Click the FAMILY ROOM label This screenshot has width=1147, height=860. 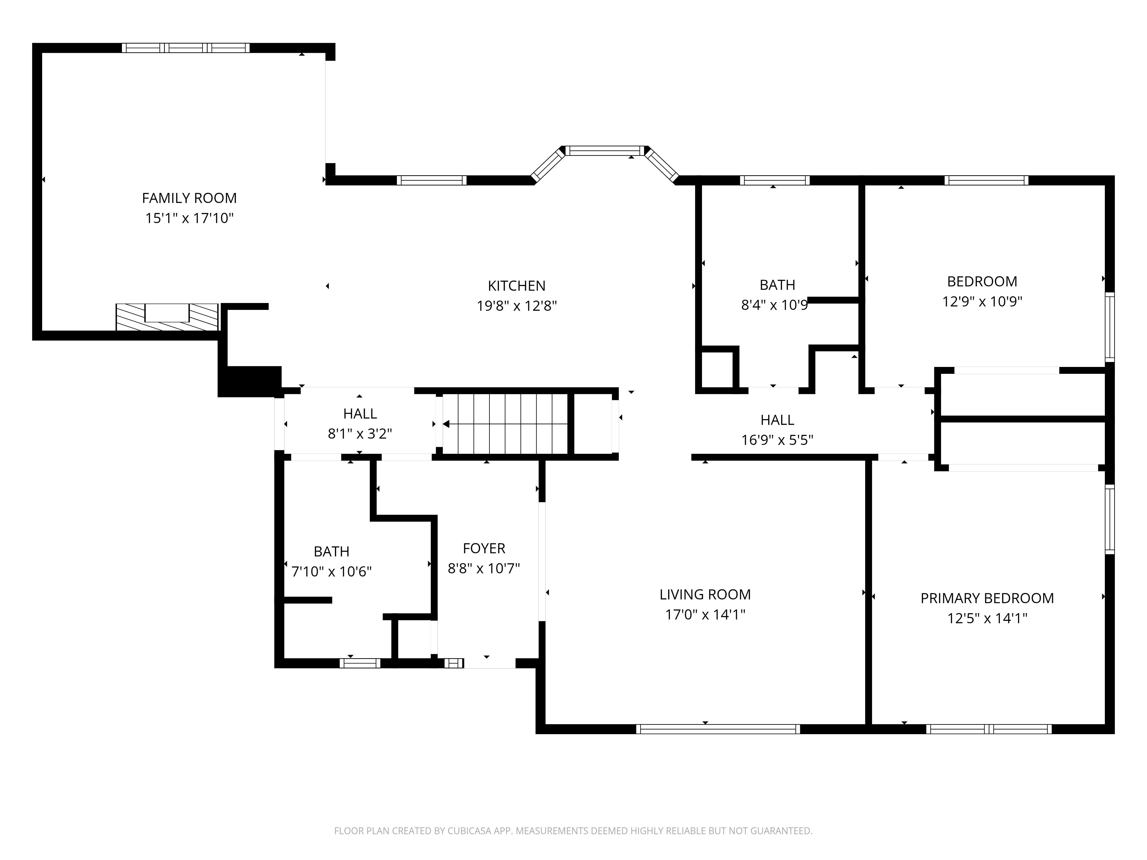[189, 198]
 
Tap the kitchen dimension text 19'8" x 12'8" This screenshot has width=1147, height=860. [516, 306]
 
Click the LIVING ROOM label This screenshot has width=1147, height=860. [705, 595]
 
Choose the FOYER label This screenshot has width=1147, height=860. [484, 548]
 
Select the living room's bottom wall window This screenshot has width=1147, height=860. [718, 729]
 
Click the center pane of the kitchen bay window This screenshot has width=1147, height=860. [604, 151]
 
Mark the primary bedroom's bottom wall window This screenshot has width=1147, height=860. [989, 729]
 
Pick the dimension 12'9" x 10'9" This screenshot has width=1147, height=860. [982, 302]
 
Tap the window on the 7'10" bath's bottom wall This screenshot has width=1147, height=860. [360, 663]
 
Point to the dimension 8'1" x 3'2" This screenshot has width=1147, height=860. [360, 433]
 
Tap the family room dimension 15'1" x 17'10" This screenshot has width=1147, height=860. [189, 218]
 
